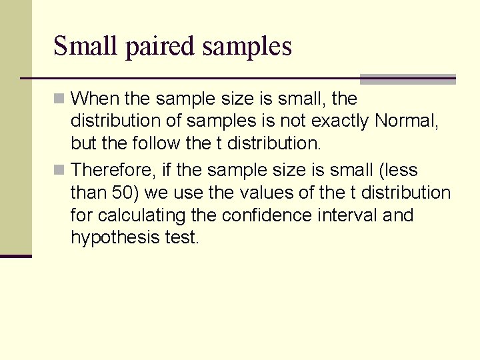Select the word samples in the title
(247, 47)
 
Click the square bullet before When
(60, 99)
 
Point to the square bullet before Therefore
(60, 170)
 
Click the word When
(94, 99)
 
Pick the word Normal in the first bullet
(405, 122)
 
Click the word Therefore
(113, 170)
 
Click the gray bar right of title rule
(407, 79)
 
